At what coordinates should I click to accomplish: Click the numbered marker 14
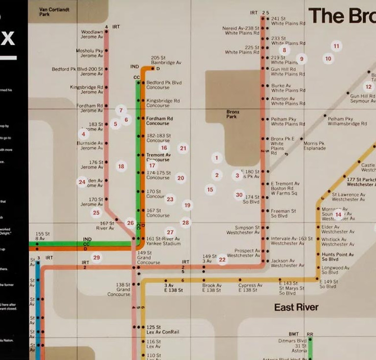[338, 215]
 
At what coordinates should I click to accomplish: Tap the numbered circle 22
[222, 260]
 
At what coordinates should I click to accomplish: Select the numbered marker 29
[96, 258]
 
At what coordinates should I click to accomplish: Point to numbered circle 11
[336, 47]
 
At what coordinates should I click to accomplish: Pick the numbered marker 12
[368, 87]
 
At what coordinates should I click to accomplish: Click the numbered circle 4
[83, 134]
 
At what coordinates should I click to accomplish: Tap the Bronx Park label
[233, 114]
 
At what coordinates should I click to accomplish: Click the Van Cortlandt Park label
[54, 12]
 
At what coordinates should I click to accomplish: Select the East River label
[296, 308]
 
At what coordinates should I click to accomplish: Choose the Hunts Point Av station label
[337, 257]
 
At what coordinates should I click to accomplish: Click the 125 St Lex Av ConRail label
[162, 330]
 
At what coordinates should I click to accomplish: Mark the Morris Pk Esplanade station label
[314, 146]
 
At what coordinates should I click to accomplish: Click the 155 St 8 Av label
[43, 237]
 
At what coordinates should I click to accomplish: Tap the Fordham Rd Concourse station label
[159, 120]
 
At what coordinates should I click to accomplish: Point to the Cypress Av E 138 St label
[250, 288]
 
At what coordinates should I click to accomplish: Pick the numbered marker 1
[216, 158]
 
